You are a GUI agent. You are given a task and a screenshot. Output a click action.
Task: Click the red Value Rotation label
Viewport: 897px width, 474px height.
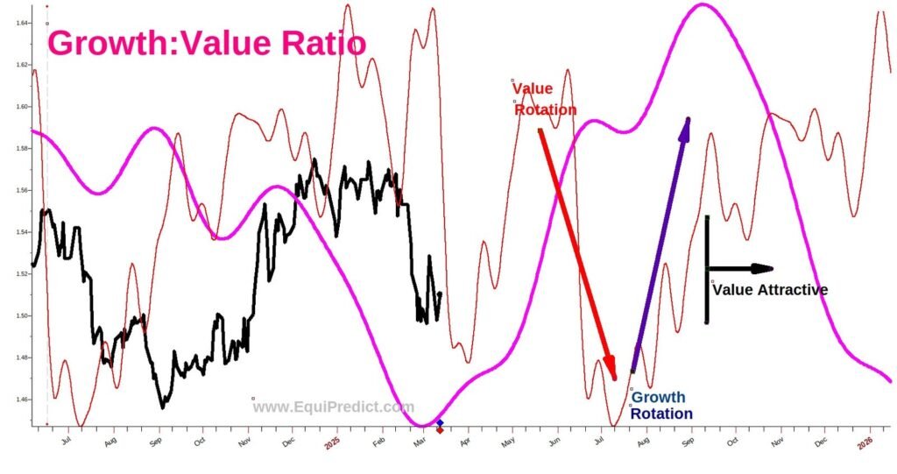point(544,98)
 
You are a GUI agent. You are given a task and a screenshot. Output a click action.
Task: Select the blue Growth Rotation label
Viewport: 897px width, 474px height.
point(660,406)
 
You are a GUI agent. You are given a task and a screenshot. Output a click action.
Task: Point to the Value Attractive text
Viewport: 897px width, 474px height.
point(770,290)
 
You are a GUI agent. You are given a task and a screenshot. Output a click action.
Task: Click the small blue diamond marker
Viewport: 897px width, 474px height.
point(440,423)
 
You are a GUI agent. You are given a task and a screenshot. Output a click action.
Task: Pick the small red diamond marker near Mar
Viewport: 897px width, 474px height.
point(440,430)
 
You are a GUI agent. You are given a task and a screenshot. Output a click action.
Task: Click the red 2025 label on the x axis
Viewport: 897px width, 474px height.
point(332,445)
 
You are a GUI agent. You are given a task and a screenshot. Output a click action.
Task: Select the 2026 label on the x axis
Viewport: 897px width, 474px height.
point(865,445)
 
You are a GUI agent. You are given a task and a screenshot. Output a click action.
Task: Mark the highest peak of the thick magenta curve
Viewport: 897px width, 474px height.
point(703,5)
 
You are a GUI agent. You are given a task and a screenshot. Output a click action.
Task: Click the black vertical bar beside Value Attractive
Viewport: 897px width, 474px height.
point(706,268)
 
